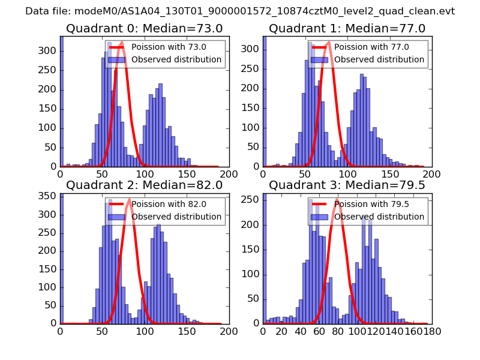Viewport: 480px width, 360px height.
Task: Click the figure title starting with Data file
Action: pyautogui.click(x=240, y=11)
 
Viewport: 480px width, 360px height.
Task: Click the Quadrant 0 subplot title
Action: pyautogui.click(x=145, y=29)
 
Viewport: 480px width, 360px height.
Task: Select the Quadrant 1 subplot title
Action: pyautogui.click(x=347, y=29)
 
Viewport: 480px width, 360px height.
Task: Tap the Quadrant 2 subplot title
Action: pyautogui.click(x=145, y=185)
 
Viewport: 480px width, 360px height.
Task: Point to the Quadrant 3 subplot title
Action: pyautogui.click(x=347, y=185)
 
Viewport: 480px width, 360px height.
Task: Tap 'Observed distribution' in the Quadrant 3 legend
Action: pyautogui.click(x=379, y=217)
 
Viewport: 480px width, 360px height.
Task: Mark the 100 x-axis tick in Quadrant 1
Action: pyautogui.click(x=347, y=173)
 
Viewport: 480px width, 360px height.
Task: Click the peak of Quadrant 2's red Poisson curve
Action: pyautogui.click(x=129, y=199)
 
